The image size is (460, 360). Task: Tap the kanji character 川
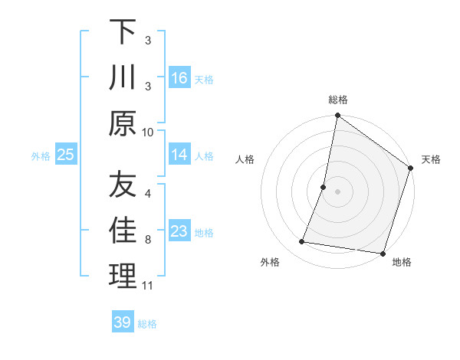click(123, 78)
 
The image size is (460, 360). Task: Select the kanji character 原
click(123, 124)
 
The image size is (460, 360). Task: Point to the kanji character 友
click(123, 185)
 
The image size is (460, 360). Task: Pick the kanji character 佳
click(123, 231)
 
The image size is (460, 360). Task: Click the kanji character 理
click(123, 277)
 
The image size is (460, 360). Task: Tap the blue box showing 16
click(179, 78)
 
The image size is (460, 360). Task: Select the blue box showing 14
click(179, 155)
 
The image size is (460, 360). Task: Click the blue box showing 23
click(179, 231)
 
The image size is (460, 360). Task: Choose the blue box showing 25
click(65, 155)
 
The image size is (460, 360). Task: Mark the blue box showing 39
click(123, 322)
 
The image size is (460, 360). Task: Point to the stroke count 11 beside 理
click(148, 286)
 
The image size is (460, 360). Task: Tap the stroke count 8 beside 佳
click(148, 240)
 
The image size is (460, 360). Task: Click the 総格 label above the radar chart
click(338, 100)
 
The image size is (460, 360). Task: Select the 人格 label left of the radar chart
click(245, 159)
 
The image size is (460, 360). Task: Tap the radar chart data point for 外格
click(302, 242)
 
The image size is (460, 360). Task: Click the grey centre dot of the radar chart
click(337, 191)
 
